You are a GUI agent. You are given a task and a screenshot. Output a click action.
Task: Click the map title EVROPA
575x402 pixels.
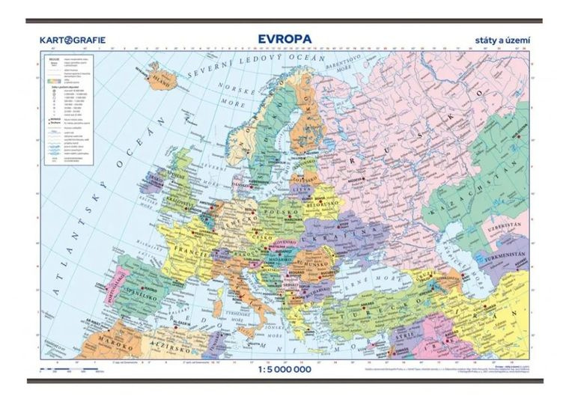point(284,37)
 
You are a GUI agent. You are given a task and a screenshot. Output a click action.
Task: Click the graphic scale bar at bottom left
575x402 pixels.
point(75,370)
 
